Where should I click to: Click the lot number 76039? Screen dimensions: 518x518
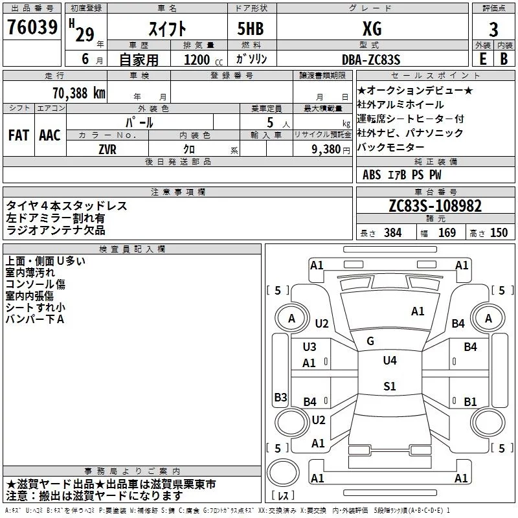coord(31,29)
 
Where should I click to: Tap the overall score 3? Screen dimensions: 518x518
coord(493,29)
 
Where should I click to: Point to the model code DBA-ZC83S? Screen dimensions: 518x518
coord(371,59)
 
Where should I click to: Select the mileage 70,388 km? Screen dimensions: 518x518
coord(79,93)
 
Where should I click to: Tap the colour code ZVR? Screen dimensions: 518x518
coord(107,148)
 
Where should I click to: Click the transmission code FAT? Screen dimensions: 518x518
coord(19,135)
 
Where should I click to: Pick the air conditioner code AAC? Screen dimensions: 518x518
coord(50,135)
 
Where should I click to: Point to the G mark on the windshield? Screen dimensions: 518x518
coord(370,341)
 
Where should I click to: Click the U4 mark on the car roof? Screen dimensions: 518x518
coord(389,361)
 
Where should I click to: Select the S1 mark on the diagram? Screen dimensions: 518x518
coord(389,387)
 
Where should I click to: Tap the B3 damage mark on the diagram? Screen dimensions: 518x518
coord(280,397)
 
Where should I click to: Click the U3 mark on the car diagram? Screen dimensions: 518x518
coord(310,347)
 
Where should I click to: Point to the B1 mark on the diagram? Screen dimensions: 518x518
coord(470,401)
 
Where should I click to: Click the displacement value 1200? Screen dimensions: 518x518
coord(197,60)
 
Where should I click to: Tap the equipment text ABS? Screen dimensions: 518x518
coord(372,175)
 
